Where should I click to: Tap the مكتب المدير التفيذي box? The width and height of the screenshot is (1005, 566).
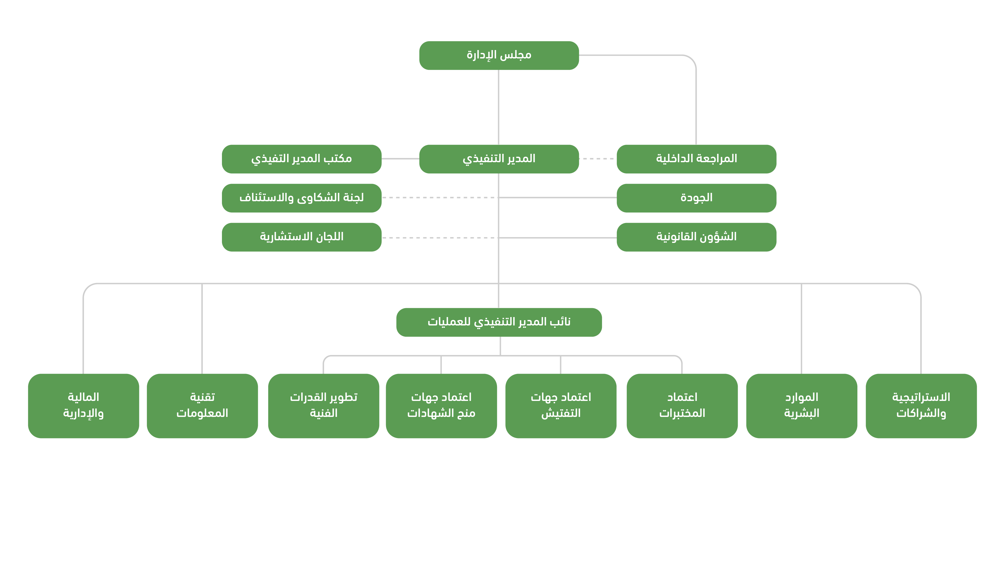point(301,159)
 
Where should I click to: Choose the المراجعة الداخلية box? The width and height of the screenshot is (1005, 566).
point(696,159)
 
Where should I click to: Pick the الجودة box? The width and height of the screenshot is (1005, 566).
point(696,198)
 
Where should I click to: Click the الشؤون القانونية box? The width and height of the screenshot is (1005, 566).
point(696,237)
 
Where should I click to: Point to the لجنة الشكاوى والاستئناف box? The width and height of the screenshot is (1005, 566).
point(301,198)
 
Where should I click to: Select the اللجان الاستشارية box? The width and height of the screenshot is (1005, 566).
point(301,237)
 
